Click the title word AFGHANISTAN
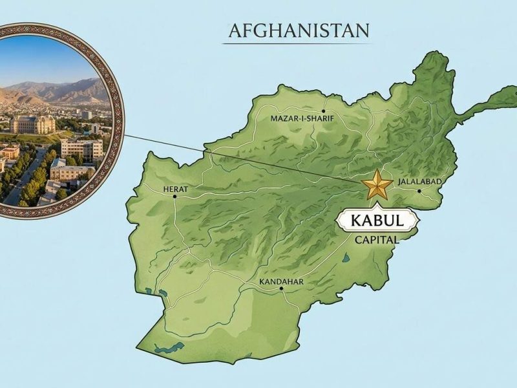pos(299,30)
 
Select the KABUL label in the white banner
pos(377,221)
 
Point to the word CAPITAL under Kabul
pos(377,239)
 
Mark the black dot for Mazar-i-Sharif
pos(323,101)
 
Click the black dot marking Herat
pos(174,197)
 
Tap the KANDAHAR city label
pos(280,282)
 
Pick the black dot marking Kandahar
pos(282,290)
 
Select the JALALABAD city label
pos(420,182)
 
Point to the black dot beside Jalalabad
pos(419,191)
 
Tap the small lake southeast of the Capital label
pos(346,259)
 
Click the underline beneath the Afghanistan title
pos(299,43)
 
